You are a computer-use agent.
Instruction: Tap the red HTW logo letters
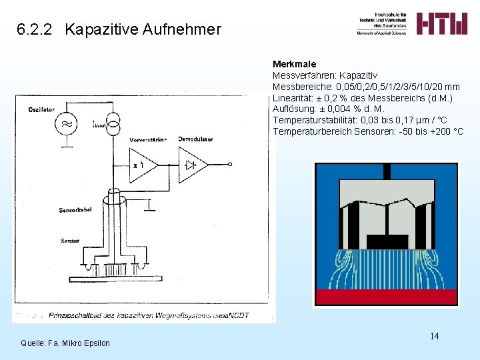tap(442, 23)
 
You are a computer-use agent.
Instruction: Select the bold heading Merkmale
tap(294, 65)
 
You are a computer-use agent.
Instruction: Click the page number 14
tap(434, 336)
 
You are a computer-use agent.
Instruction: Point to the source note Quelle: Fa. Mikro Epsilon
tap(65, 343)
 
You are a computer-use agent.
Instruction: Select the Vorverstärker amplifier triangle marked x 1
tap(144, 164)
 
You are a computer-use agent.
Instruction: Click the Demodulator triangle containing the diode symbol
tap(193, 164)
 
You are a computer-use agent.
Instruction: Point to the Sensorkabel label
tap(75, 210)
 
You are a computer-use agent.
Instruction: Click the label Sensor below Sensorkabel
tap(70, 241)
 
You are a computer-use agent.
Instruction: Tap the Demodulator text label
tap(195, 139)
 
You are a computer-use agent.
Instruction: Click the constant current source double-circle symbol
tap(113, 121)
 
